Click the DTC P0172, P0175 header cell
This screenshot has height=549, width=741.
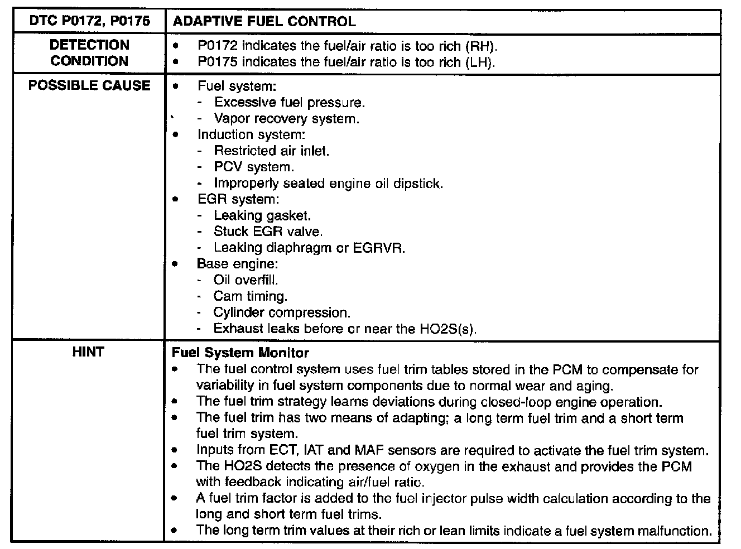point(89,21)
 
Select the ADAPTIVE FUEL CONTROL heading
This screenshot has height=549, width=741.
point(264,22)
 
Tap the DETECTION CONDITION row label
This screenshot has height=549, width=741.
point(89,52)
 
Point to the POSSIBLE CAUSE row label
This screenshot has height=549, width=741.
point(89,85)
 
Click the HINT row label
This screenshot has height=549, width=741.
point(88,352)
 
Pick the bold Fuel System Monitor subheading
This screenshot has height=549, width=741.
point(240,353)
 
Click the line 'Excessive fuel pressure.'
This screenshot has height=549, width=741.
point(290,102)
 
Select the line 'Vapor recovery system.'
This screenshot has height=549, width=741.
point(286,119)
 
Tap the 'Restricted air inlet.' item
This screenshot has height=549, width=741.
point(272,151)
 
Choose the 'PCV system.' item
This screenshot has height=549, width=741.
point(254,167)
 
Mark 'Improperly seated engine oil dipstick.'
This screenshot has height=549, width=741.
point(328,183)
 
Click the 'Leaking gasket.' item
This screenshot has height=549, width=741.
point(262,215)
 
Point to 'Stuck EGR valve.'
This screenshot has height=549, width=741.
point(268,232)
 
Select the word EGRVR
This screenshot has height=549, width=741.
point(379,248)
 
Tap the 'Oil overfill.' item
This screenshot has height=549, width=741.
point(246,280)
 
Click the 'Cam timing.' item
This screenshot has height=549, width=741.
point(250,296)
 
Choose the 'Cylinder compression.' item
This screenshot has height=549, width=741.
point(282,312)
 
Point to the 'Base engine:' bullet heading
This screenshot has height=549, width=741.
point(237,264)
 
